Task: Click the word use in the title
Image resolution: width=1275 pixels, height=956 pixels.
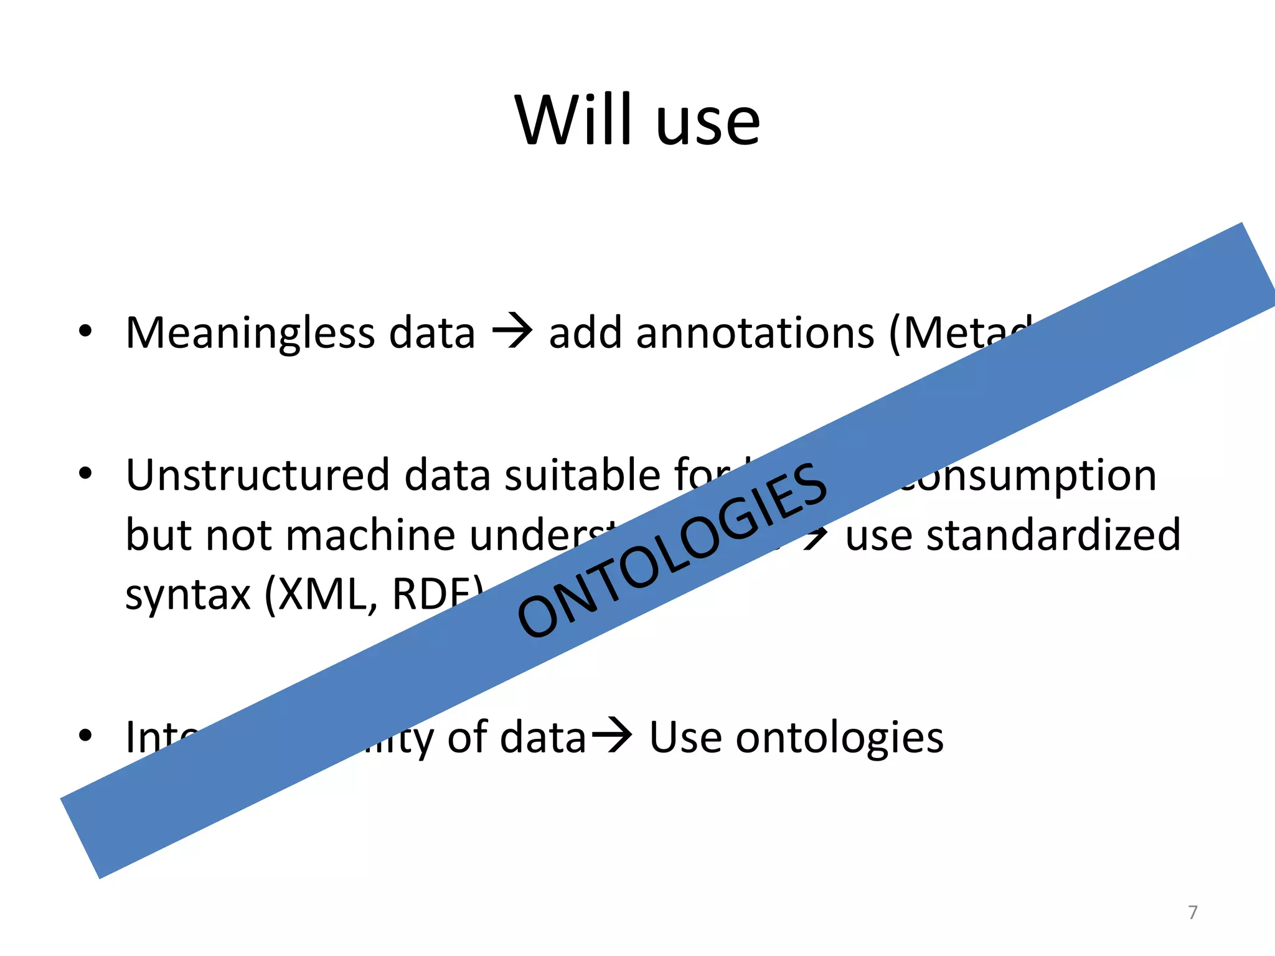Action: coord(708,124)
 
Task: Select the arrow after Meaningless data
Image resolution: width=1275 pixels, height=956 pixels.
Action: coord(512,332)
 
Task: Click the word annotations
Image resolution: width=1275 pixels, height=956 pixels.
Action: coord(711,333)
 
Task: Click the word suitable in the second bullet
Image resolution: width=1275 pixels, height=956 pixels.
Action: coord(582,476)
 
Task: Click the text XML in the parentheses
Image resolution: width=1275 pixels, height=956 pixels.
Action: coord(322,594)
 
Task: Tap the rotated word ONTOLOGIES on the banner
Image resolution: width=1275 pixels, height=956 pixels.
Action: coord(672,551)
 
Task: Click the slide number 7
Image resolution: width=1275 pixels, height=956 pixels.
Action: coord(1192,912)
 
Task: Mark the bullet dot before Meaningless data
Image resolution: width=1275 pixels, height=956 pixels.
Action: coord(86,331)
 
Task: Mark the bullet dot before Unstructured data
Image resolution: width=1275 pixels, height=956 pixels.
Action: coord(86,474)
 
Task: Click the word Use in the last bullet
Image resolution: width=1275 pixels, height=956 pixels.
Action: coord(685,738)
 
